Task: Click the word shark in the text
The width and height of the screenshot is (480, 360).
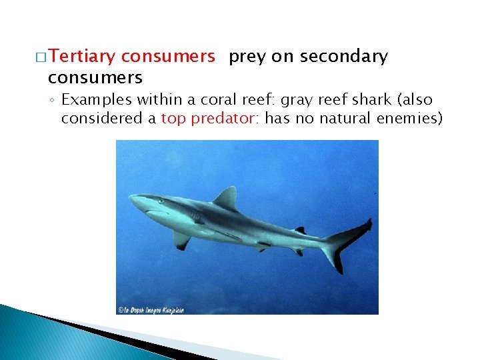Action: tap(371, 100)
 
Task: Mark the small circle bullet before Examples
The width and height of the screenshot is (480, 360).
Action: tap(53, 101)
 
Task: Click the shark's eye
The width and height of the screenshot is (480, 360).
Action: tap(159, 201)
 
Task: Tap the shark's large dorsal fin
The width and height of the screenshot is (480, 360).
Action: tap(227, 198)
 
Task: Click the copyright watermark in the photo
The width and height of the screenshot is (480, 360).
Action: tap(151, 309)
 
